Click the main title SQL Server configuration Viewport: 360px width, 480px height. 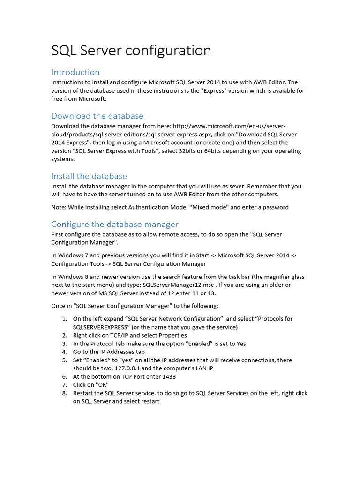[131, 50]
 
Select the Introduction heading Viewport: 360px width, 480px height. [75, 72]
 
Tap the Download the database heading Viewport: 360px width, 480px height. [97, 115]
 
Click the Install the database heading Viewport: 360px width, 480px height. [89, 176]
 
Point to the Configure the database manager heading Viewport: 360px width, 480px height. [115, 224]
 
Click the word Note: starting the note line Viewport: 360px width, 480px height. [59, 207]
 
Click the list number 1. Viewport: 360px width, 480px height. [64, 319]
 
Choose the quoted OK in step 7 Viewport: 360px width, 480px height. [102, 385]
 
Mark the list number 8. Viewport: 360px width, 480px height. [65, 393]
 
